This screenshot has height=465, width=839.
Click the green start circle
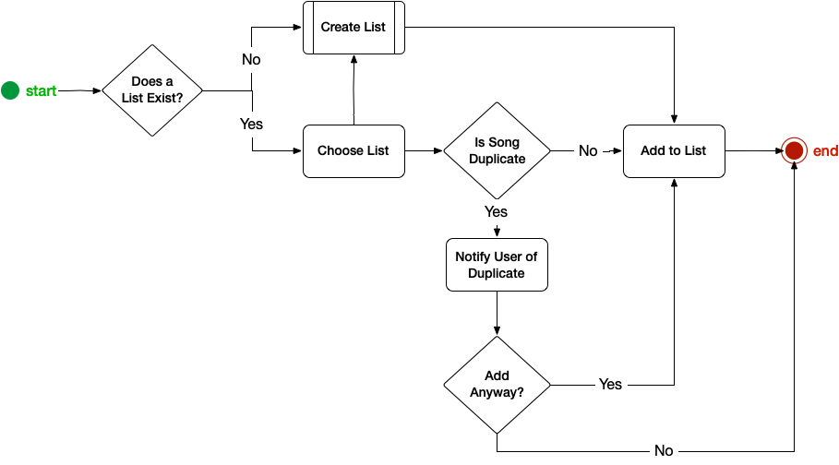tap(10, 90)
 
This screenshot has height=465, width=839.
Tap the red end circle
tap(794, 150)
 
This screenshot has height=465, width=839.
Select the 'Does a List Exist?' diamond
tap(152, 90)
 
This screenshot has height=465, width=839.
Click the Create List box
tap(354, 28)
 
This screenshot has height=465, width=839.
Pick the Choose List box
tap(354, 151)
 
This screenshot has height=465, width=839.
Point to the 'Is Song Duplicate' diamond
tap(497, 150)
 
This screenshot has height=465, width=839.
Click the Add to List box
tap(674, 151)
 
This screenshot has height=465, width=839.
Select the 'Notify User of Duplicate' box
tap(497, 265)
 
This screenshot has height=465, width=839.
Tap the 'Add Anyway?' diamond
tap(497, 384)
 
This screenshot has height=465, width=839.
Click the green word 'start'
tap(41, 91)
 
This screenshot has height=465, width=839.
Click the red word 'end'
tap(825, 151)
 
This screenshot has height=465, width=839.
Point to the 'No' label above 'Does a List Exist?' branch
tap(251, 59)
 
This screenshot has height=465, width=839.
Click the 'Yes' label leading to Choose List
tap(251, 125)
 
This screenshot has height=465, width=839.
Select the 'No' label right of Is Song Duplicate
tap(588, 151)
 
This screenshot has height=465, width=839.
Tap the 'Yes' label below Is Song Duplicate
tap(496, 212)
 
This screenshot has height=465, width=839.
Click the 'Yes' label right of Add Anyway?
tap(610, 384)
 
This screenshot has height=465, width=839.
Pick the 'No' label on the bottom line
tap(664, 450)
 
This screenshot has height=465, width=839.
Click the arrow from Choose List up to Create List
tap(354, 89)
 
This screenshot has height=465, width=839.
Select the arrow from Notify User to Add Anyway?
tap(497, 314)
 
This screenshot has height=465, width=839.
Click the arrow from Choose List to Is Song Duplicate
tap(425, 151)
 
